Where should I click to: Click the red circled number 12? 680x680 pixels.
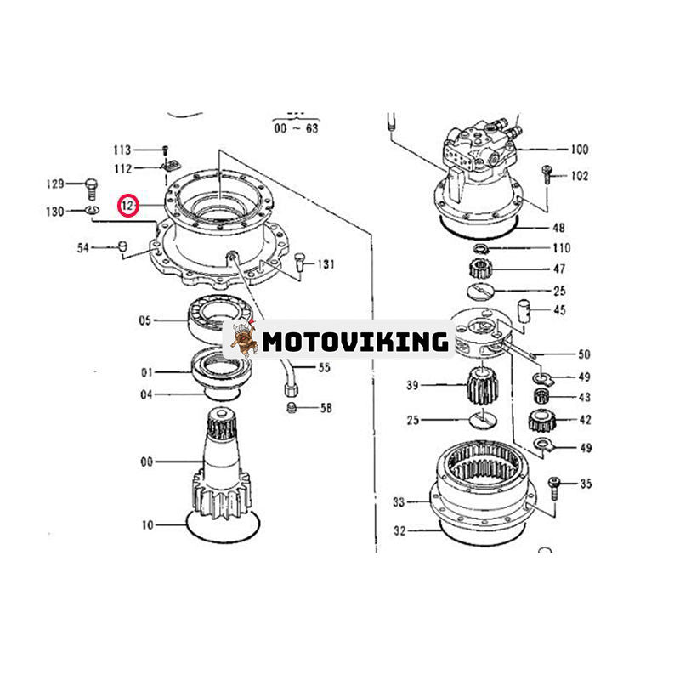(x=127, y=206)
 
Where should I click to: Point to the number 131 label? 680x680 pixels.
(x=326, y=264)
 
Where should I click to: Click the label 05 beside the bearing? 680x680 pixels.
(x=145, y=320)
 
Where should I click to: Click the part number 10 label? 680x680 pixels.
(x=148, y=525)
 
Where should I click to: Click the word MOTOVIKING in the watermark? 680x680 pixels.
(x=355, y=342)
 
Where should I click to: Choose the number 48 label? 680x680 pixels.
(x=558, y=228)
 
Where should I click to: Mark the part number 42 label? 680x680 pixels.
(x=584, y=418)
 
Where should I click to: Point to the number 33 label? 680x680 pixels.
(x=399, y=502)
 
